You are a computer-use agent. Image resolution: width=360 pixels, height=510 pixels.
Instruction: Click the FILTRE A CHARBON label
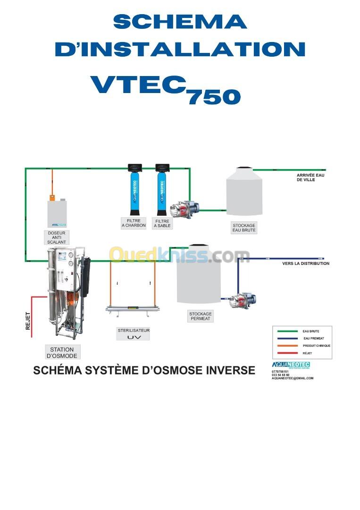(134, 223)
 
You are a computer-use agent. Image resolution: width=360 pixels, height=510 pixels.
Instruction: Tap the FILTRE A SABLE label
(162, 223)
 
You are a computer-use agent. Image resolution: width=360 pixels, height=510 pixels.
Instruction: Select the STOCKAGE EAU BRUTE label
(244, 228)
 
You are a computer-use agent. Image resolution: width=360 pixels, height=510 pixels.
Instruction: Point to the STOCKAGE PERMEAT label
(201, 316)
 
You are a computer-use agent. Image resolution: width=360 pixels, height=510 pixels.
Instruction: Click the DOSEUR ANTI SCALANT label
(57, 237)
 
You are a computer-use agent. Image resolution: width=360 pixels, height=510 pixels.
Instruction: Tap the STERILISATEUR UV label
(134, 334)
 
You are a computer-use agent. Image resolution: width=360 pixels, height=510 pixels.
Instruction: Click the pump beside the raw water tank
(184, 208)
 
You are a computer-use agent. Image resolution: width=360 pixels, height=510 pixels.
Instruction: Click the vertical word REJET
(28, 321)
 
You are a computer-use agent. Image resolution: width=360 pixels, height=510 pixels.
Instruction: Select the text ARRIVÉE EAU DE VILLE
(310, 178)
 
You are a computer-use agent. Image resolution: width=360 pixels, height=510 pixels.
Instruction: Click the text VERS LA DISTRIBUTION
(306, 263)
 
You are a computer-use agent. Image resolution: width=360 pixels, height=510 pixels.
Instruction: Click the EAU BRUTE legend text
(311, 331)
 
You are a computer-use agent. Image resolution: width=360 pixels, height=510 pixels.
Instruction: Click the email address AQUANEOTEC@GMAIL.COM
(293, 378)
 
